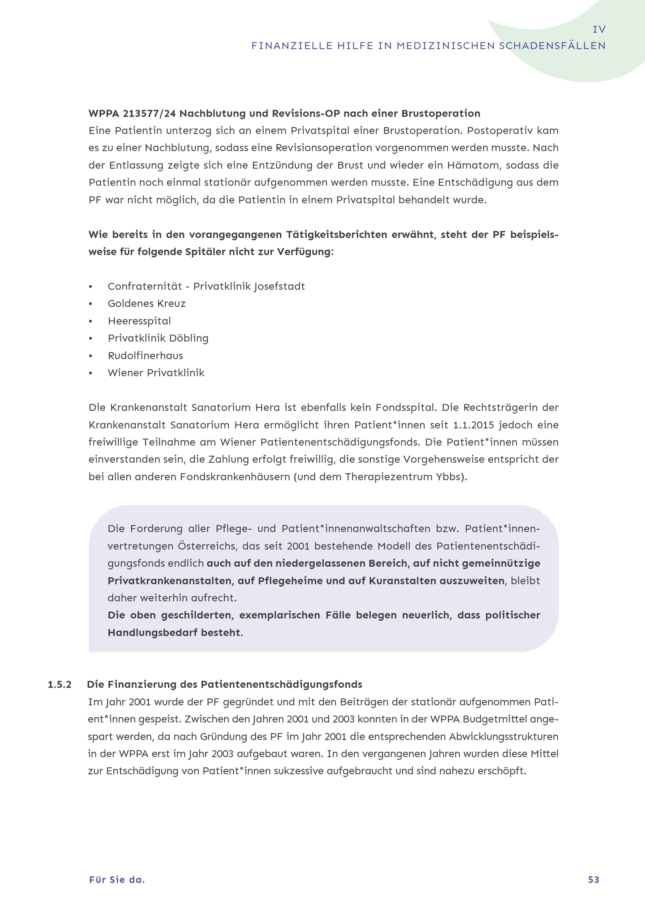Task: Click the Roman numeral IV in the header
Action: [x=599, y=29]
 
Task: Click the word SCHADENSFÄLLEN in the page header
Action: [x=552, y=46]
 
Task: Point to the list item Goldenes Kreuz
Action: [x=147, y=303]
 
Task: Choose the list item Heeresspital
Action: [x=139, y=321]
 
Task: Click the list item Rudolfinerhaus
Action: [x=145, y=356]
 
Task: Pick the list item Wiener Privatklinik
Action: [x=156, y=373]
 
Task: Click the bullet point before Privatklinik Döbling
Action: [x=90, y=338]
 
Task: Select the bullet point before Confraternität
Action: [x=90, y=287]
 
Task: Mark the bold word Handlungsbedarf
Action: [x=152, y=633]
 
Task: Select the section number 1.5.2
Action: [x=60, y=684]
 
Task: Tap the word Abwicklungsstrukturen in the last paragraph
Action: [x=503, y=737]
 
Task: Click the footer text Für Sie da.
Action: [x=117, y=880]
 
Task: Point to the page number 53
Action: [x=594, y=880]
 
